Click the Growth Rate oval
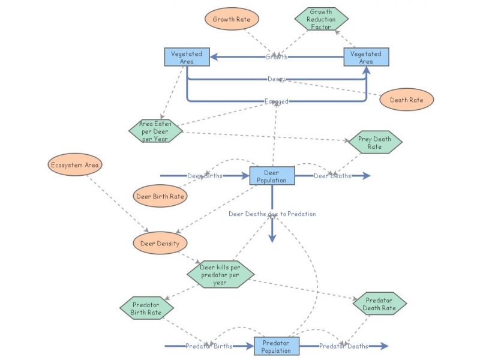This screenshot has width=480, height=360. coord(232,19)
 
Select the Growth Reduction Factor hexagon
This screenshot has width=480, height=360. coord(321,19)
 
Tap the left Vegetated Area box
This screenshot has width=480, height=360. coord(187,57)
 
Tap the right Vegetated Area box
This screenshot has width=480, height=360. coord(366,57)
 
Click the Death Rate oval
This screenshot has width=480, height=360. coord(406,100)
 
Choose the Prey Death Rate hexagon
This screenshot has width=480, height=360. coord(374,143)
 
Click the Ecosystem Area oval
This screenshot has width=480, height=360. coord(75,165)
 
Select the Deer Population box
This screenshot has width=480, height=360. coord(272,176)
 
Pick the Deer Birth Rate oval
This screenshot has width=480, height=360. coord(160,196)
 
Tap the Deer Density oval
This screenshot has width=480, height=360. coord(160,243)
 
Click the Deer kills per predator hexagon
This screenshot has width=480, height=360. coord(220,275)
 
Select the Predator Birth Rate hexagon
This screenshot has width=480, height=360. coord(147,308)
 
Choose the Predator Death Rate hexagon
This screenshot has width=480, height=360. coord(379,304)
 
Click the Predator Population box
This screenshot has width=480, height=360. coord(277,346)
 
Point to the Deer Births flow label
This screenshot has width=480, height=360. coord(205,176)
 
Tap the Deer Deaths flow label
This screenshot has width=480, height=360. coord(332,176)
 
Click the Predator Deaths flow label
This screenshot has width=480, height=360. coord(343,346)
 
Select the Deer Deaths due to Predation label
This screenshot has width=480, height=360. coord(272,214)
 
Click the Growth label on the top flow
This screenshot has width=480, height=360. coord(277,57)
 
